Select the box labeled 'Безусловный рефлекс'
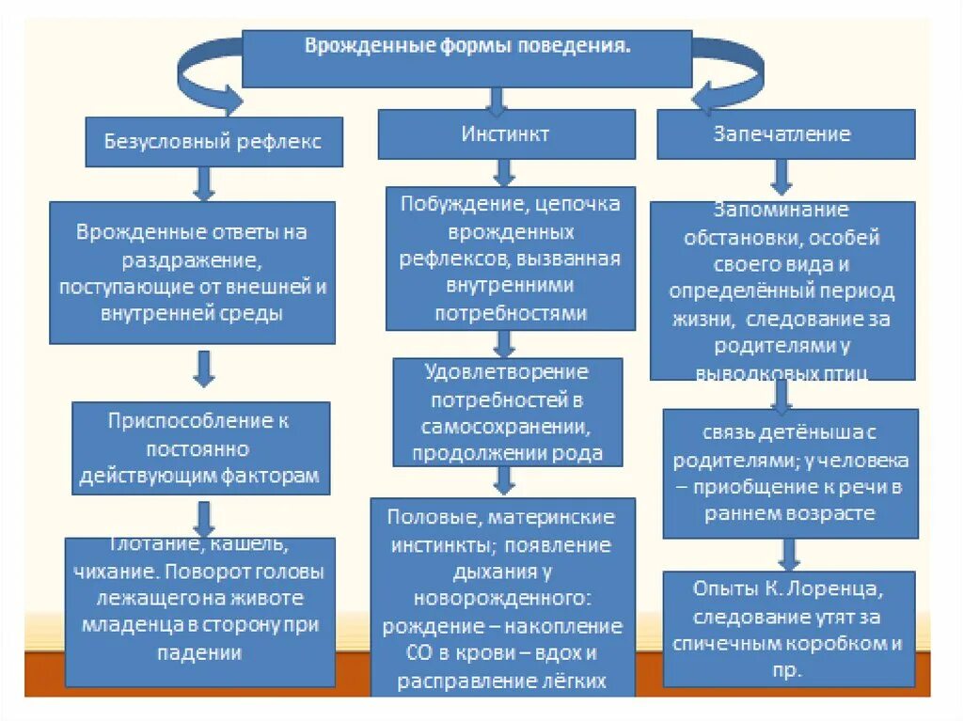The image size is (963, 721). click(213, 141)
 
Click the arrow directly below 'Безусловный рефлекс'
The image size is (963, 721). click(204, 182)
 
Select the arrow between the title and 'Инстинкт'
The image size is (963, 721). click(498, 98)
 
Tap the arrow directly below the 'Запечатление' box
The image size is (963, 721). click(781, 176)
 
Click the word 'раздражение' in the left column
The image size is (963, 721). click(192, 259)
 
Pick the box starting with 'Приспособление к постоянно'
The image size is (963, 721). click(200, 448)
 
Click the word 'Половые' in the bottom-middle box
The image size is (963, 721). click(422, 518)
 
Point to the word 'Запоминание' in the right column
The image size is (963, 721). click(781, 211)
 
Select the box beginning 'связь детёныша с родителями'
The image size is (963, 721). click(790, 474)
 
